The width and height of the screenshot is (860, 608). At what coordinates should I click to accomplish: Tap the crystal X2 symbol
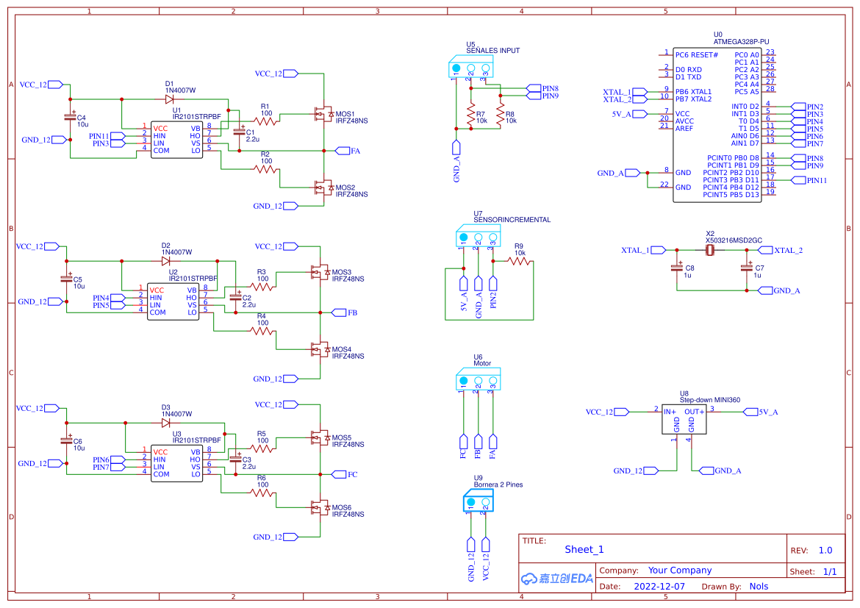tap(710, 251)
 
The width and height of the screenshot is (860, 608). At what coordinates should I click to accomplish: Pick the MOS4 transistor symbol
tap(320, 349)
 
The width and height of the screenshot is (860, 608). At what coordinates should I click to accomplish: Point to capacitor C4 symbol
tap(71, 117)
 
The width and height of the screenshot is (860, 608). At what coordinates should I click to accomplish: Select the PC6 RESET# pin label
tap(697, 55)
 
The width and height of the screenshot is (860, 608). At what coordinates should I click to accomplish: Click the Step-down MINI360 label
tap(709, 400)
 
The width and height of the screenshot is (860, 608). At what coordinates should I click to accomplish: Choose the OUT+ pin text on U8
tap(695, 412)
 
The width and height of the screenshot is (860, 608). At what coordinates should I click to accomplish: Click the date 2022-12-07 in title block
tap(659, 587)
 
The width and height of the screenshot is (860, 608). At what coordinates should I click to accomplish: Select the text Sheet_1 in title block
tap(584, 549)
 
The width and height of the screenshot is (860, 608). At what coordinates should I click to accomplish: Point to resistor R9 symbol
tap(520, 261)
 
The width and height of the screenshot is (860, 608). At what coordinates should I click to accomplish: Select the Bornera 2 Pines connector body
tap(478, 503)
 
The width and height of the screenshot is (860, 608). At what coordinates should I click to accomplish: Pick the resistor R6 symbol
tap(262, 493)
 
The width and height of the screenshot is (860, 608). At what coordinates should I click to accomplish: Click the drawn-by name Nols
tap(759, 587)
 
